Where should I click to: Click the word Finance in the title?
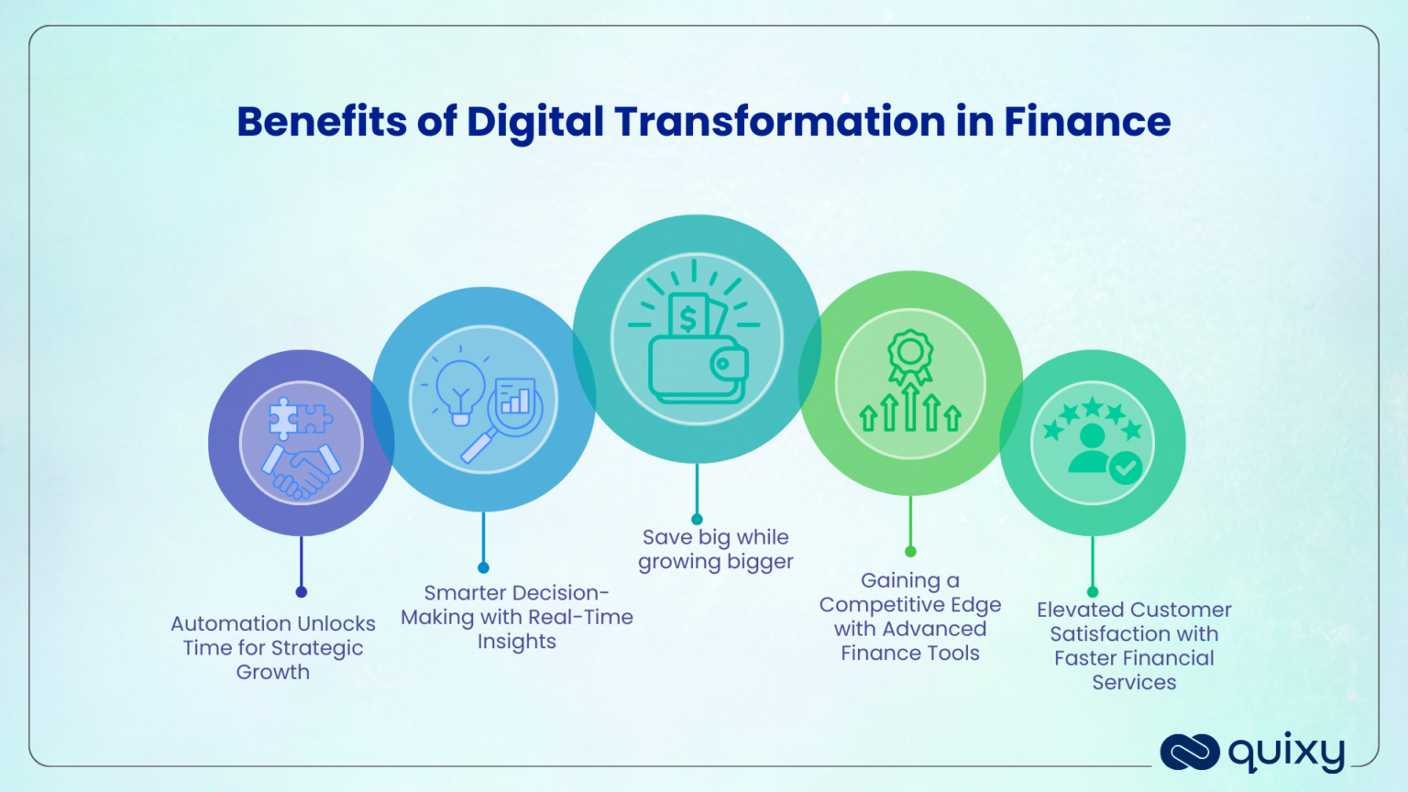(x=1087, y=122)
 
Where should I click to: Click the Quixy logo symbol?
(x=1189, y=752)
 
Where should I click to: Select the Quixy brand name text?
(x=1287, y=753)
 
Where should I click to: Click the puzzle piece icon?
(x=298, y=418)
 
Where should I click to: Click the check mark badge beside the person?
(x=1126, y=468)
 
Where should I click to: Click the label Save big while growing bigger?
(x=716, y=549)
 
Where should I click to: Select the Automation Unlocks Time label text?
(x=273, y=647)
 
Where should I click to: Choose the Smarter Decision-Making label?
(x=517, y=617)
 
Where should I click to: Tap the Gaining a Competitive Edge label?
(x=910, y=616)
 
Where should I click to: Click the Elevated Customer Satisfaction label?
(x=1134, y=645)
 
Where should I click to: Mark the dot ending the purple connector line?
(x=302, y=592)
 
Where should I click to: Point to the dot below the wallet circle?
(x=697, y=520)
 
